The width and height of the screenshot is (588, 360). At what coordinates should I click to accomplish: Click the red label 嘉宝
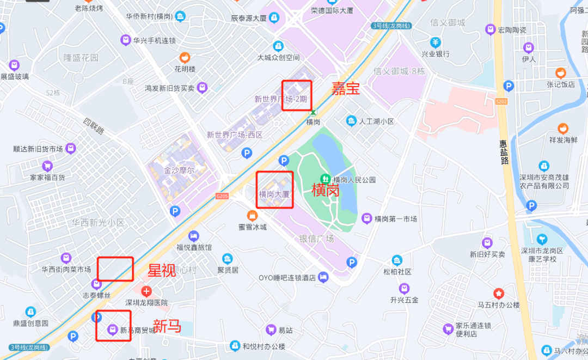click(x=346, y=89)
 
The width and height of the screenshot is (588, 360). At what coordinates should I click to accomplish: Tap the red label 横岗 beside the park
click(x=325, y=190)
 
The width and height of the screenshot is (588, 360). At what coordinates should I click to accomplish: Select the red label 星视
click(x=162, y=270)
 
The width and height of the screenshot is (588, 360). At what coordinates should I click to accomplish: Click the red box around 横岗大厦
click(x=275, y=190)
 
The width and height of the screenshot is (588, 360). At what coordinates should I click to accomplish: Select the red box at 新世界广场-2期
click(x=296, y=95)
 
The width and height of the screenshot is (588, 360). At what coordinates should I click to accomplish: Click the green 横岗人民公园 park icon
click(x=325, y=179)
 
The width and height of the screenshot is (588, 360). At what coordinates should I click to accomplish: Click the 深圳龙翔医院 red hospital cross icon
click(x=146, y=291)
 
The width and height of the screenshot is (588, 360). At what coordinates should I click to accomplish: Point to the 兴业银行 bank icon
click(x=436, y=42)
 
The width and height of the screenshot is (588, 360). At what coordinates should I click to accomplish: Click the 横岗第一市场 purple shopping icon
click(x=367, y=218)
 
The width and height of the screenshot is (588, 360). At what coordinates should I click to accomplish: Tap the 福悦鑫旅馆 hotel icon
click(x=193, y=236)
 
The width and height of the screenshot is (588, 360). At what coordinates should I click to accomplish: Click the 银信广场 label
click(x=316, y=239)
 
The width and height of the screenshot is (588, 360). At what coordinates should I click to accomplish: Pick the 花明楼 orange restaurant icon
click(x=185, y=57)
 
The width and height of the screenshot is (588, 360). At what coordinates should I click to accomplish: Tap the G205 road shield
click(x=222, y=196)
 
